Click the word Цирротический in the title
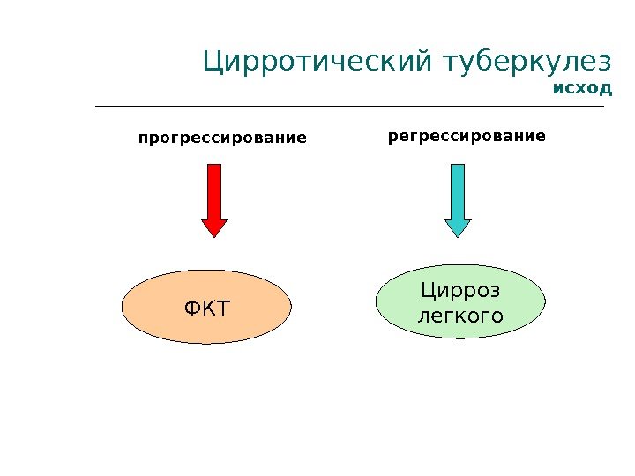(x=316, y=63)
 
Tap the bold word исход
(x=581, y=88)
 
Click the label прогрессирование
(x=221, y=138)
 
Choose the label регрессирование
(x=467, y=137)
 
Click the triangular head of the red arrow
(x=214, y=227)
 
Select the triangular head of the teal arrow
(x=458, y=227)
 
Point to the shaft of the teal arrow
(x=458, y=190)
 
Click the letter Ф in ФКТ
(x=192, y=309)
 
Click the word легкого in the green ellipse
(x=459, y=315)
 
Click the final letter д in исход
(x=605, y=89)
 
